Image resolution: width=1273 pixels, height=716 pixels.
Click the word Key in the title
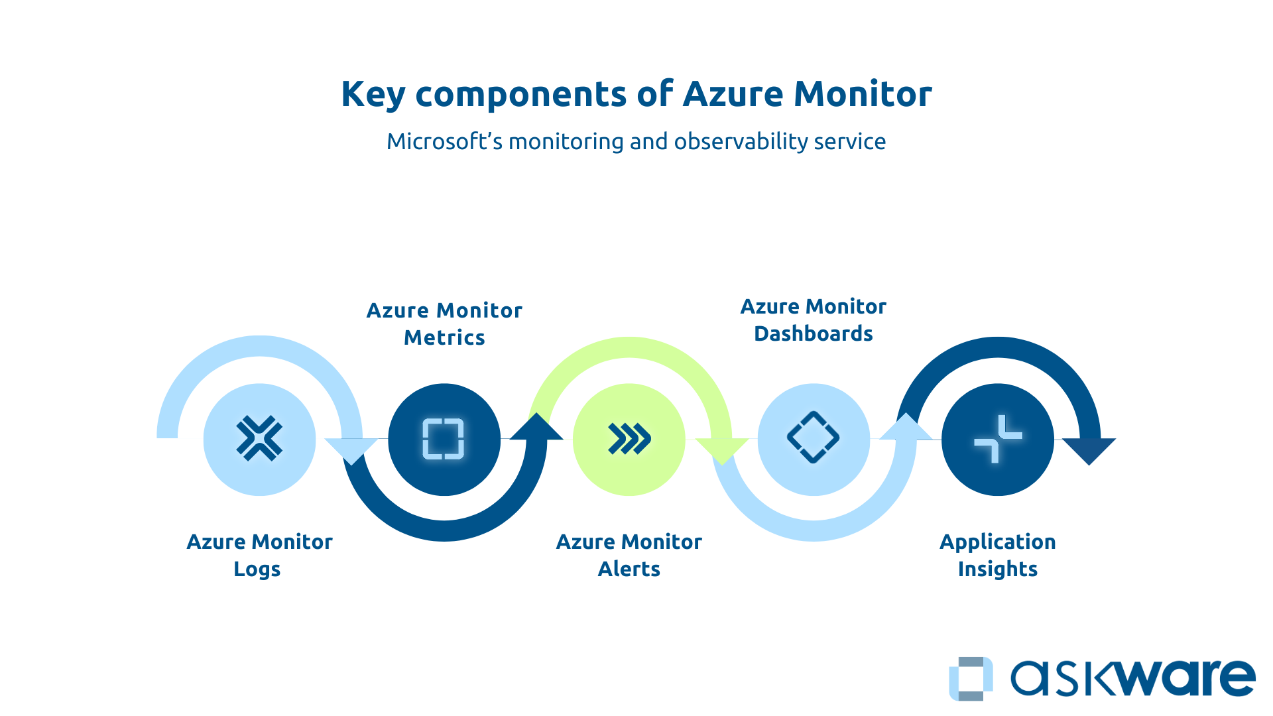(373, 94)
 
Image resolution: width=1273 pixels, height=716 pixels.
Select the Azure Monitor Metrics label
(444, 324)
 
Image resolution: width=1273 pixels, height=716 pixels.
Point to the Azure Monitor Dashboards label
(813, 320)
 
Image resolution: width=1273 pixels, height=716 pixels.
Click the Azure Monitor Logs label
(259, 555)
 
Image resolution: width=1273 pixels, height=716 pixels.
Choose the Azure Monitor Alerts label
(629, 555)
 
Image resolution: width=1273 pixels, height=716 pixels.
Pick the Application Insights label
(997, 555)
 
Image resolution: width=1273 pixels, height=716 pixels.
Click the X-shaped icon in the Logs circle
(259, 438)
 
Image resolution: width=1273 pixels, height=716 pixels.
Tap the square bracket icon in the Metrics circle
(444, 438)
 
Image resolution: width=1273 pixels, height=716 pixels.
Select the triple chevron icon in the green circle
(629, 438)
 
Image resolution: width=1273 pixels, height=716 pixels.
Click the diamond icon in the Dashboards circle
(813, 438)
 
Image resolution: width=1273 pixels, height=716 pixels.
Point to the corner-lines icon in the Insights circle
(998, 438)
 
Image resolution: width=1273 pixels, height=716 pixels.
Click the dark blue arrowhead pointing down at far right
(1089, 449)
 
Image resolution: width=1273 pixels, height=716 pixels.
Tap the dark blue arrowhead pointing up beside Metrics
(536, 427)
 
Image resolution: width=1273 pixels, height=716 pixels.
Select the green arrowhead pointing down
(722, 449)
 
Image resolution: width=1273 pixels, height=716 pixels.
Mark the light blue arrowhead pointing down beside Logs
(351, 449)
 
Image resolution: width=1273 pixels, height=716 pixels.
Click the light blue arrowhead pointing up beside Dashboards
(906, 427)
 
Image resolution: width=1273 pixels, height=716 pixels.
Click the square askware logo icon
(971, 678)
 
